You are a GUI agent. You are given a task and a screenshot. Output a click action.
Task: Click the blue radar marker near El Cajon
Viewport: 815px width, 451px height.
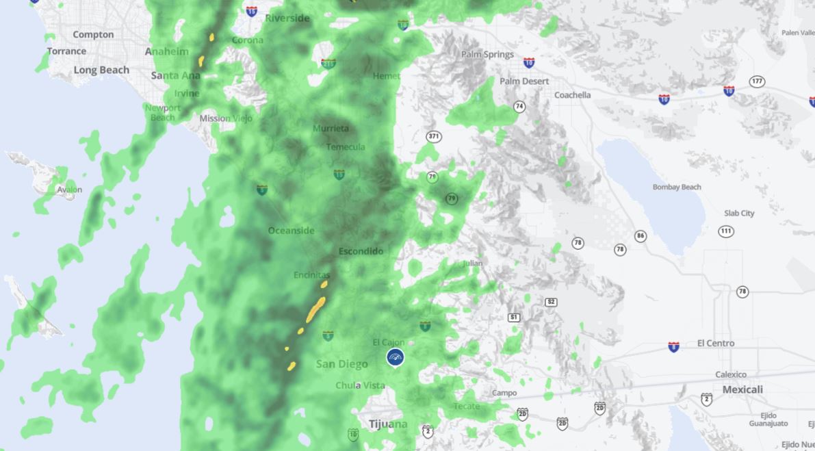[395, 357]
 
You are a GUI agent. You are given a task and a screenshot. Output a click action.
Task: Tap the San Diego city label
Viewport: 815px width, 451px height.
[341, 364]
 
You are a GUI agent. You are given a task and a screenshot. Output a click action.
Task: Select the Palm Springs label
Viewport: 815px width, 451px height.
[487, 55]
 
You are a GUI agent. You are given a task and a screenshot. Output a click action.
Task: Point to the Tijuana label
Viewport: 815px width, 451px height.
[388, 424]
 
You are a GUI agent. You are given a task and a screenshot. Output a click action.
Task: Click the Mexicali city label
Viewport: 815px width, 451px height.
[742, 389]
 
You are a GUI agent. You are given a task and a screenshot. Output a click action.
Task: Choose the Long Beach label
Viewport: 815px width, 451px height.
[101, 70]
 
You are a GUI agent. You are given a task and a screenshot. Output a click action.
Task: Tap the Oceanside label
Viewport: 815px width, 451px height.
[292, 231]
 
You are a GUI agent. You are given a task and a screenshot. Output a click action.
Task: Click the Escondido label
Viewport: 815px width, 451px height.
[361, 251]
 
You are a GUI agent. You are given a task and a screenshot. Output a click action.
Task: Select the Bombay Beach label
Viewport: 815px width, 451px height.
[677, 187]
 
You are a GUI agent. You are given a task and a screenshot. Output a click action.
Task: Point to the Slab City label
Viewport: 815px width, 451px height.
[739, 213]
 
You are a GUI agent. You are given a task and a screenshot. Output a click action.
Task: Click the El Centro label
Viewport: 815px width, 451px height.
[716, 343]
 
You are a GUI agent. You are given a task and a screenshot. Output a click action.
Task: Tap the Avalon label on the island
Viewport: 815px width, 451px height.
[69, 190]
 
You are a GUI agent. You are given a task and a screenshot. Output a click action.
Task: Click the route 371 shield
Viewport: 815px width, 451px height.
[433, 136]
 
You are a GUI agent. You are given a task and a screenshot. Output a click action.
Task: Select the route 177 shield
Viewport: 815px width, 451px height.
[757, 81]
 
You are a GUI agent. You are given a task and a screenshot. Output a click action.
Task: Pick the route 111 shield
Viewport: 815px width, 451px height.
[726, 231]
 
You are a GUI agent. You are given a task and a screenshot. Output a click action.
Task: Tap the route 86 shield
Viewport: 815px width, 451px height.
[640, 236]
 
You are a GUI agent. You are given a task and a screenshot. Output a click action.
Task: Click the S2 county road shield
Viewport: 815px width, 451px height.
[551, 302]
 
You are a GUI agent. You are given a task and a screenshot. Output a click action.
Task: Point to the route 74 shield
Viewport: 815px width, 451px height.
[519, 106]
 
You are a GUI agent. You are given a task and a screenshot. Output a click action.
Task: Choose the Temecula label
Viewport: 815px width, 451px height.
[346, 147]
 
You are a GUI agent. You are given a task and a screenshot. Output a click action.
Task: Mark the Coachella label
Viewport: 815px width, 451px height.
[572, 95]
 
